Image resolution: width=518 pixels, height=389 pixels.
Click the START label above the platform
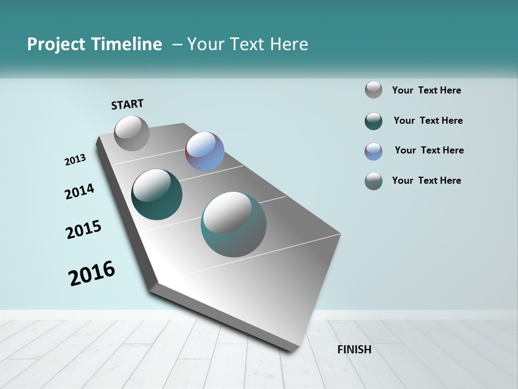[x=127, y=104]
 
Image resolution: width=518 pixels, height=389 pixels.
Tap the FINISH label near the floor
[x=354, y=350]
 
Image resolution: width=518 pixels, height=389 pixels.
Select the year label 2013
[x=76, y=160]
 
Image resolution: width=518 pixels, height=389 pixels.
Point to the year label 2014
[x=80, y=192]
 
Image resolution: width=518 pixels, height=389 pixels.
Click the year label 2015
[x=84, y=230]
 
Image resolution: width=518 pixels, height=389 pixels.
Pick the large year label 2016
[x=92, y=273]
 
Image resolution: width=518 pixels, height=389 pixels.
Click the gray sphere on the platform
[x=132, y=133]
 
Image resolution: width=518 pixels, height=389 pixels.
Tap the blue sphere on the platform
[x=205, y=151]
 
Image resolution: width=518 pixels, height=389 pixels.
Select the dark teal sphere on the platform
[x=156, y=195]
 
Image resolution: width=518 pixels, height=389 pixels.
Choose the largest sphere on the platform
[x=234, y=224]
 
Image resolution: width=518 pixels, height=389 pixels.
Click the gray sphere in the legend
[x=373, y=90]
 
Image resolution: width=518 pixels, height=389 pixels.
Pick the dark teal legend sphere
[x=373, y=121]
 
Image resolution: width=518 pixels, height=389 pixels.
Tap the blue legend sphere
[x=373, y=151]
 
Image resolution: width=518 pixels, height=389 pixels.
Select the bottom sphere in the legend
[x=373, y=181]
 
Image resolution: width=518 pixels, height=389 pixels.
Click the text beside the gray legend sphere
[x=426, y=91]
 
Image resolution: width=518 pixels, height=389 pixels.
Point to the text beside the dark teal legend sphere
[x=428, y=120]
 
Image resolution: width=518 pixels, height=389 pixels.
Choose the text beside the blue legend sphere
[x=429, y=150]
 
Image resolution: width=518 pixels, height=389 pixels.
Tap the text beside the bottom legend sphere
[x=426, y=180]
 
